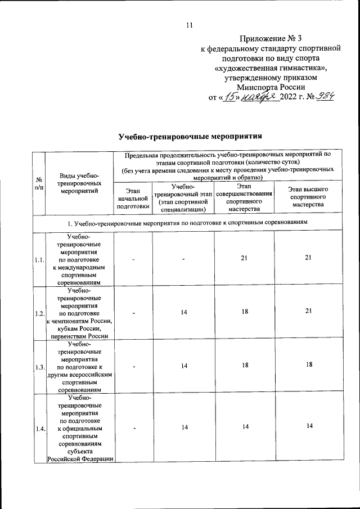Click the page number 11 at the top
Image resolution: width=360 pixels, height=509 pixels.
(x=189, y=25)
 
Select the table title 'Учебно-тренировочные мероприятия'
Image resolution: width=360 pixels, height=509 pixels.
(x=191, y=137)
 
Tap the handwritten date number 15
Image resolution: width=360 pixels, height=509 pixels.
(x=229, y=97)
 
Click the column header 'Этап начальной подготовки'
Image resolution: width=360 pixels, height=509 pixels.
(x=133, y=199)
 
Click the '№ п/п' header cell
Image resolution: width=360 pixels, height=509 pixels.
(x=38, y=183)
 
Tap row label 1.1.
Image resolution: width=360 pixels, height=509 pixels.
(x=39, y=260)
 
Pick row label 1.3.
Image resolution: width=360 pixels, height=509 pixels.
(x=39, y=366)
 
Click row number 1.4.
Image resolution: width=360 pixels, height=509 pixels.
(x=39, y=429)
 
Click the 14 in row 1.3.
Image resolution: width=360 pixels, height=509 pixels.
(x=184, y=366)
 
